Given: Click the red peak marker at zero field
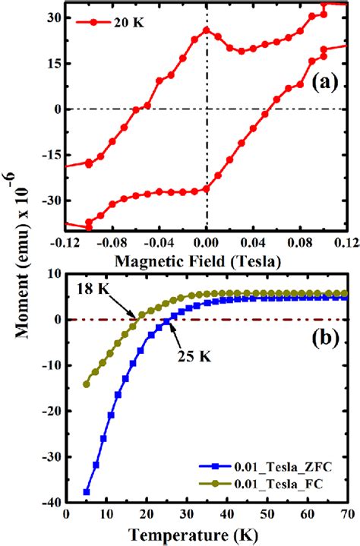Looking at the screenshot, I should pyautogui.click(x=206, y=30).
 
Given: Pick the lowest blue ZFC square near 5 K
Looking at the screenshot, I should pyautogui.click(x=87, y=492).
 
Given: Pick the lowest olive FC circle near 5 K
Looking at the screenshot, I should pyautogui.click(x=87, y=384).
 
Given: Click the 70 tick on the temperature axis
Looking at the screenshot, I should pyautogui.click(x=346, y=518).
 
